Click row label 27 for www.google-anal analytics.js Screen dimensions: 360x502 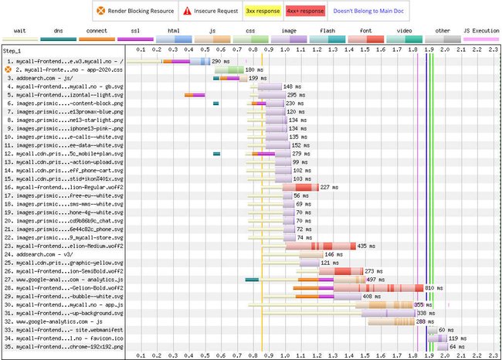click(x=64, y=279)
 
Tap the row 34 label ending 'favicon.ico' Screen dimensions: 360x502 click(x=64, y=338)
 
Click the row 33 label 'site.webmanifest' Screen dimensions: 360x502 click(x=64, y=329)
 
